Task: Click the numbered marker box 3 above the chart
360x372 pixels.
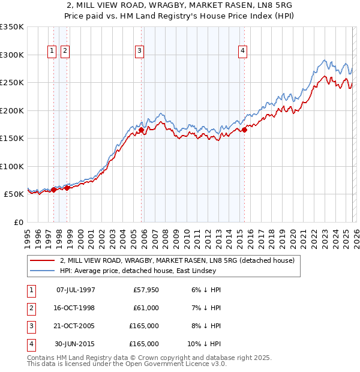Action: (x=139, y=52)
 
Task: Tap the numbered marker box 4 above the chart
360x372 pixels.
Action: (x=242, y=52)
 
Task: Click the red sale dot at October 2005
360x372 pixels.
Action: (x=142, y=130)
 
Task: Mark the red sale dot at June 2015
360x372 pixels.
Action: (x=244, y=130)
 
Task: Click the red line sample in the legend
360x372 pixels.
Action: (x=43, y=261)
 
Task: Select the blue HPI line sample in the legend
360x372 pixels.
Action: (x=43, y=271)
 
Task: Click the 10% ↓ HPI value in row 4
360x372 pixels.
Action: (x=205, y=344)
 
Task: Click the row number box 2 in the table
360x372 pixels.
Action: (x=30, y=308)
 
